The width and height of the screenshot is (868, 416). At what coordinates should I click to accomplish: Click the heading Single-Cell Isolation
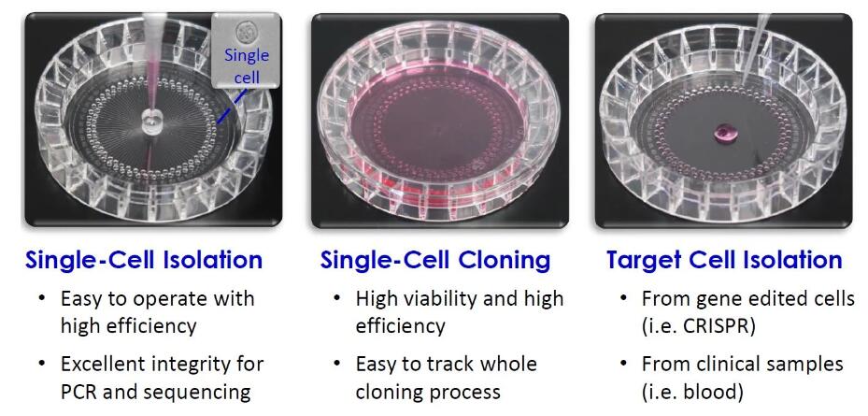pyautogui.click(x=143, y=260)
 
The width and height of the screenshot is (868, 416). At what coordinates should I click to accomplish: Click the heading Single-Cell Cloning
pyautogui.click(x=435, y=260)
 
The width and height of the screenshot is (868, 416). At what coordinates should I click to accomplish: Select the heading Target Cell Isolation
pyautogui.click(x=724, y=260)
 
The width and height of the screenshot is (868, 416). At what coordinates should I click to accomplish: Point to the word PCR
pyautogui.click(x=79, y=392)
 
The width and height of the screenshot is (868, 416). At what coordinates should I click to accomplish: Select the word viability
pyautogui.click(x=424, y=299)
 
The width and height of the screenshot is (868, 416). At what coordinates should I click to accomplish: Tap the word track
pyautogui.click(x=453, y=365)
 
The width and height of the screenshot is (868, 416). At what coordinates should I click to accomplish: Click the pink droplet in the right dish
pyautogui.click(x=722, y=132)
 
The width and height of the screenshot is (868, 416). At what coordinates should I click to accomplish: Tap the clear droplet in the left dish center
pyautogui.click(x=150, y=122)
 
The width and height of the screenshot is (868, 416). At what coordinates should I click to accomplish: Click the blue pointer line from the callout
pyautogui.click(x=229, y=107)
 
